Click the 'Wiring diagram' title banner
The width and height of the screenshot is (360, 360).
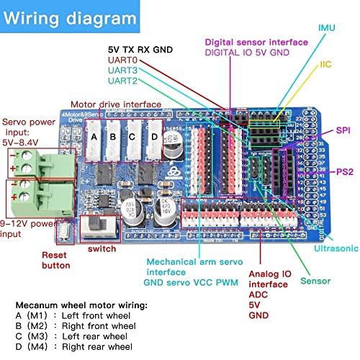coord(68,17)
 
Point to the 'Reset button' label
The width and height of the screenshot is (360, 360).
coord(56,260)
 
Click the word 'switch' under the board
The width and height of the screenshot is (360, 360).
coord(102,248)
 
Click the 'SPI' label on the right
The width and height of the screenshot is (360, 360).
coord(344,132)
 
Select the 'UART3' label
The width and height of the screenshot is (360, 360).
coord(122,71)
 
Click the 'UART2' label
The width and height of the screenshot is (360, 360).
coord(122,81)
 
